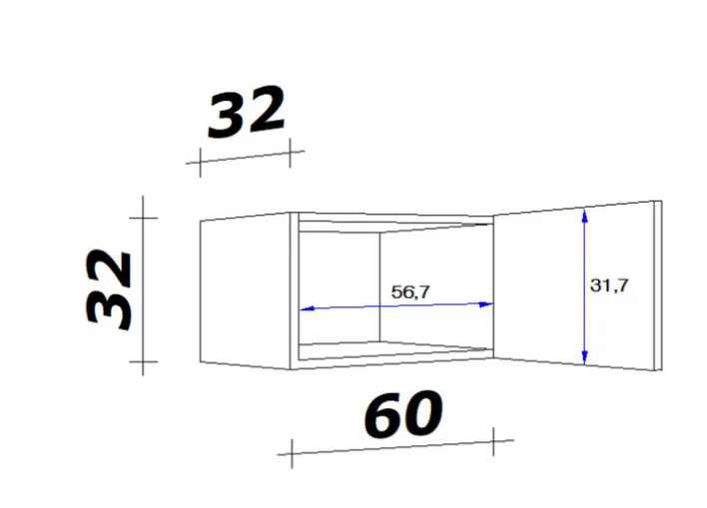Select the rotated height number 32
pos(111,289)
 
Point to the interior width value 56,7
pos(410,292)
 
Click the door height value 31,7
pos(609,285)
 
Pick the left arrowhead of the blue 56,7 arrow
pos(306,308)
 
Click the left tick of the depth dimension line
pos(201,161)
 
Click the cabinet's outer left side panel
pos(245,288)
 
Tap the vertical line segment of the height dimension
pos(145,289)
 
